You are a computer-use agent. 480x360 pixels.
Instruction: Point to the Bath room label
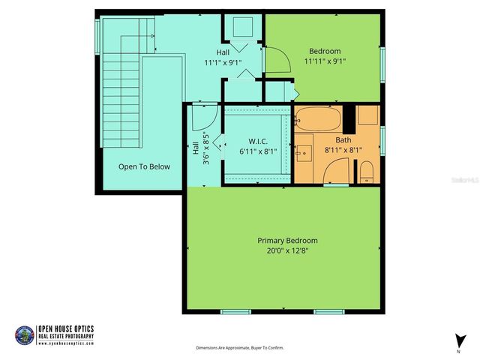[x=343, y=139]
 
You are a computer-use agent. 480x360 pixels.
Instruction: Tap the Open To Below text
[x=144, y=166]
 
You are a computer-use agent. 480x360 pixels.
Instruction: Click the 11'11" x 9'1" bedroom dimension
[x=325, y=61]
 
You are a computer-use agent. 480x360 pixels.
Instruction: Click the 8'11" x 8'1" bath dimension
[x=343, y=150]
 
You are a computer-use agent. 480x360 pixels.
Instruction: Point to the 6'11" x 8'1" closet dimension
[x=258, y=151]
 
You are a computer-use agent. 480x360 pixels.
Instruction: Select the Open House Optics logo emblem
[x=24, y=335]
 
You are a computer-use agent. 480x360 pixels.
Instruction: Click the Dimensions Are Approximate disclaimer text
[x=240, y=348]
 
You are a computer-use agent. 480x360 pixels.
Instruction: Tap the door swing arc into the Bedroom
[x=276, y=58]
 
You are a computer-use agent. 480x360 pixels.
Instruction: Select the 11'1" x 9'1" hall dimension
[x=223, y=63]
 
